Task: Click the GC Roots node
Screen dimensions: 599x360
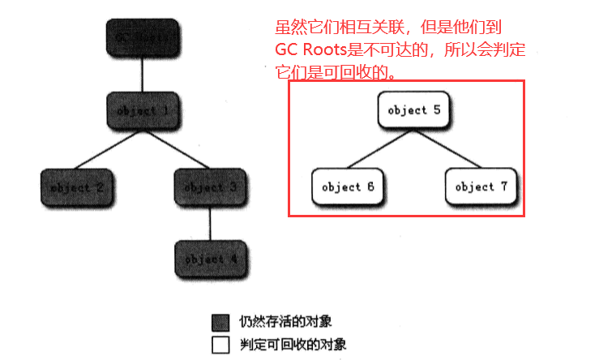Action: pyautogui.click(x=143, y=36)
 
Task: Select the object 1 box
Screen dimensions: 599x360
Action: pyautogui.click(x=143, y=110)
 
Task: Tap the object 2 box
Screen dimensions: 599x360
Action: pyautogui.click(x=75, y=187)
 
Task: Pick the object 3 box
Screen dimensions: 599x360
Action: pyautogui.click(x=210, y=187)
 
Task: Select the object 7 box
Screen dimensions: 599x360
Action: pyautogui.click(x=481, y=186)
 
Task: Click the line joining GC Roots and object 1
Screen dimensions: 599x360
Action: pyautogui.click(x=143, y=74)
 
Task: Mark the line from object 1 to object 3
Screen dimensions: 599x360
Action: pyautogui.click(x=176, y=149)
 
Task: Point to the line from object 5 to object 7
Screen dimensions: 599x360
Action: pyautogui.click(x=447, y=148)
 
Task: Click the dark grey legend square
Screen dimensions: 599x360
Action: pyautogui.click(x=220, y=322)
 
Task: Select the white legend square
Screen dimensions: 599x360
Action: pyautogui.click(x=220, y=344)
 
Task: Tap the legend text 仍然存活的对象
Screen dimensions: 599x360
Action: pyautogui.click(x=285, y=322)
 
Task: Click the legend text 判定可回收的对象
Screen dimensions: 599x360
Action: pyautogui.click(x=293, y=344)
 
